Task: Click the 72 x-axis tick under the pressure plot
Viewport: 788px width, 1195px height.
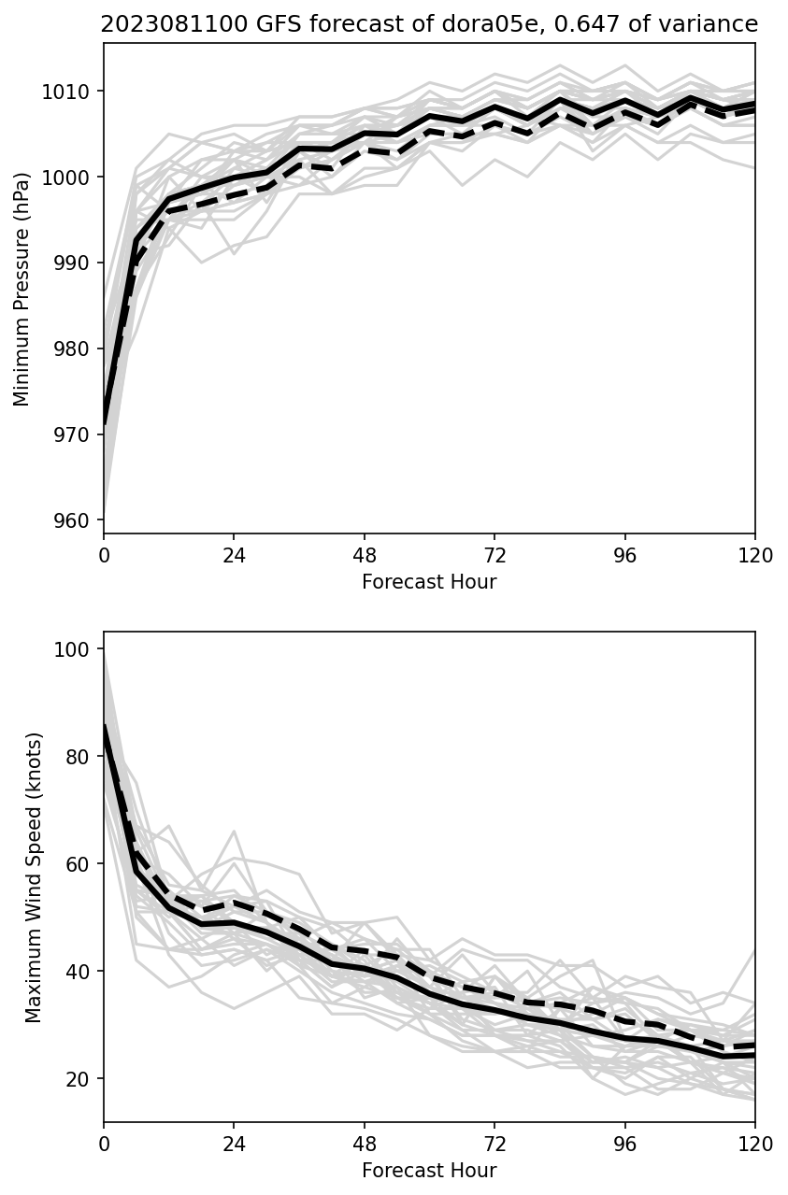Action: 494,555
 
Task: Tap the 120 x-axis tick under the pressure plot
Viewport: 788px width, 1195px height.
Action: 755,555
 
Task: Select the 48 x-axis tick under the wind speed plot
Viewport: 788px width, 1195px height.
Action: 365,1144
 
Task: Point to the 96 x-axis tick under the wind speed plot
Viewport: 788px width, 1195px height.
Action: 624,1144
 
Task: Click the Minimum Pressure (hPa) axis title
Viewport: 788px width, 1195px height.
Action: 22,289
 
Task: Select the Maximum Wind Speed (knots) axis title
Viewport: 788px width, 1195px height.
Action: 34,877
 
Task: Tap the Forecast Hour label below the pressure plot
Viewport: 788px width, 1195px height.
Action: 429,582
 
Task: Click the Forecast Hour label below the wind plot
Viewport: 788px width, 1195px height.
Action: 429,1171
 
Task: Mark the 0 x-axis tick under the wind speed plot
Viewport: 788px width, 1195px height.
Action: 104,1144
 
